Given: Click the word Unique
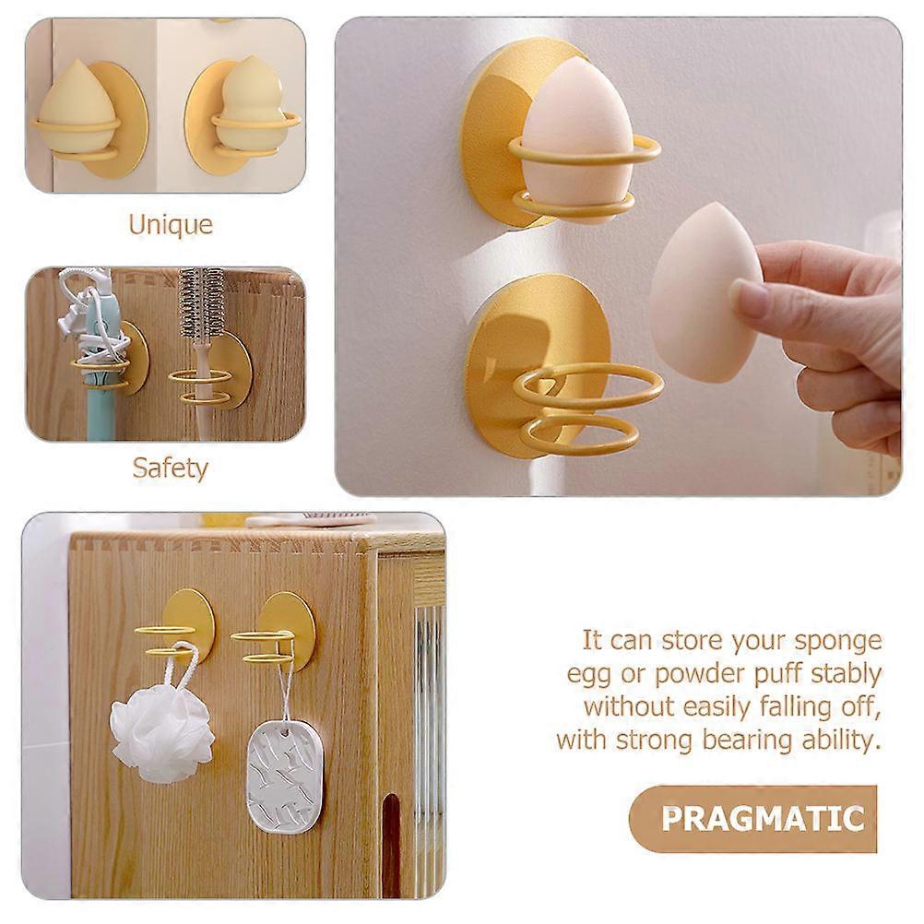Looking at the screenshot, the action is point(171,224).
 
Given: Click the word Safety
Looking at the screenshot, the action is point(171,468).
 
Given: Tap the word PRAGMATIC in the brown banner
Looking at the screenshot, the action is point(763,819).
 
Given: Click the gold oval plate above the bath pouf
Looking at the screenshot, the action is point(187,622).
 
